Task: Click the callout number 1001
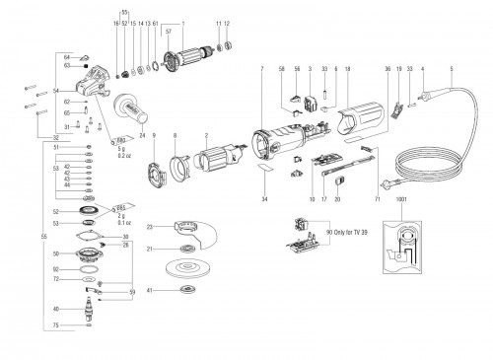(x=399, y=198)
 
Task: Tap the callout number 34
(x=264, y=199)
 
